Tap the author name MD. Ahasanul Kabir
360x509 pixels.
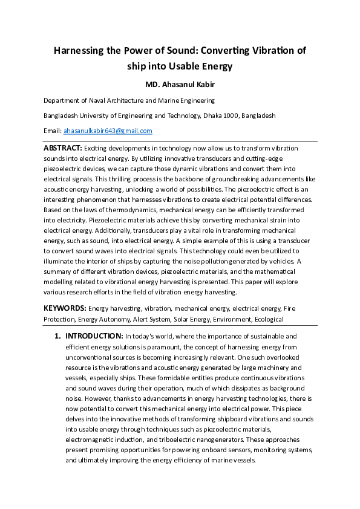coord(180,84)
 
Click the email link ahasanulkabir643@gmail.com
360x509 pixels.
coord(108,131)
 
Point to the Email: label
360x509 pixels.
coord(52,131)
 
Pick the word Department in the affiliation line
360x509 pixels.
coord(62,101)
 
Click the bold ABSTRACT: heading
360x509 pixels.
coord(63,148)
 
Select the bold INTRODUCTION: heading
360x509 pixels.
coord(94,336)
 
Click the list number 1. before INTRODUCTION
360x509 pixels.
coord(57,336)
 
